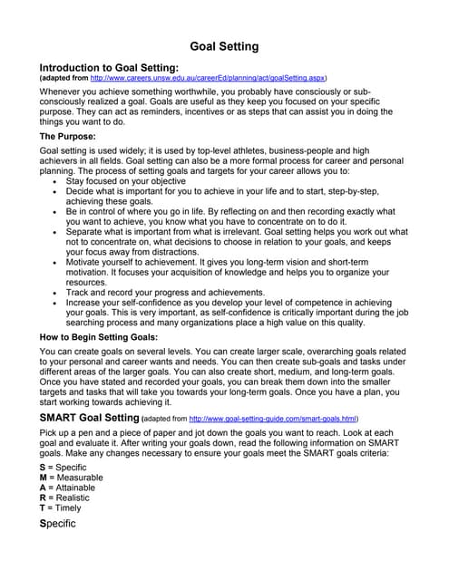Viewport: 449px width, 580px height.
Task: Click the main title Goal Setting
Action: (224, 46)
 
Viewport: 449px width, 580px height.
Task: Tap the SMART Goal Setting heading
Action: (89, 418)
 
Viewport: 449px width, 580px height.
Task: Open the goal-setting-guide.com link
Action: (272, 419)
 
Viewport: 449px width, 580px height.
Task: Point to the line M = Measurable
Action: (71, 478)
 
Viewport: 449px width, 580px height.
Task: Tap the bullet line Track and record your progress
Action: (163, 292)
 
